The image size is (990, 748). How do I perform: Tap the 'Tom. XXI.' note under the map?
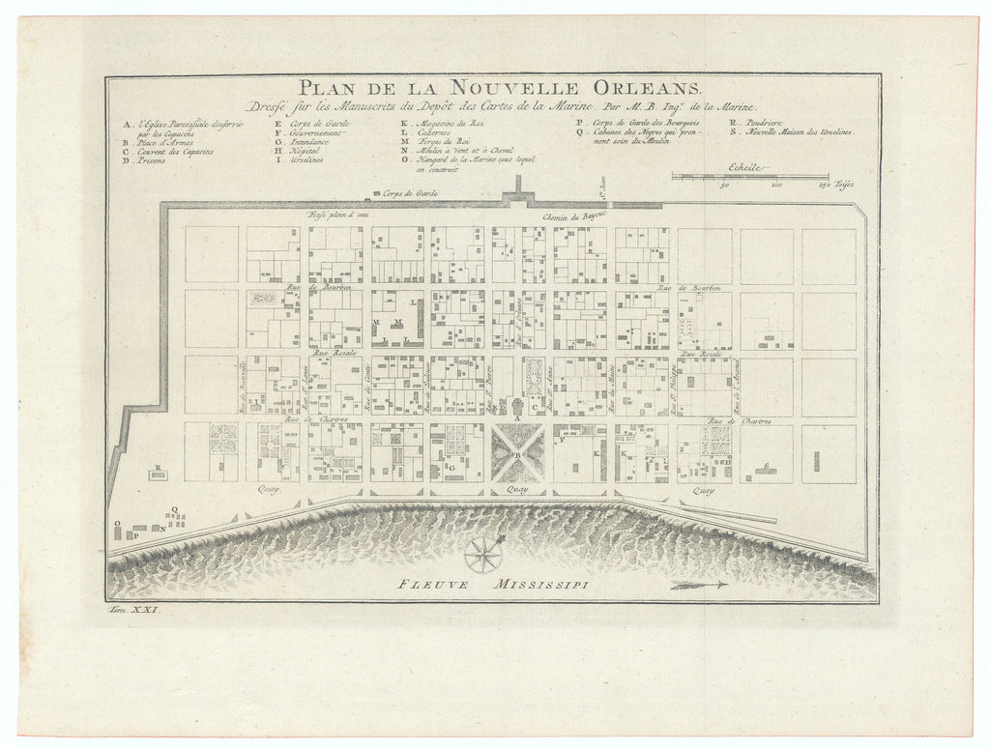click(134, 612)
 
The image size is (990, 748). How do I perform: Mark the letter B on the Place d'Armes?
click(517, 454)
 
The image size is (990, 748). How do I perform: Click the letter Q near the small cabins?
click(174, 509)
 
